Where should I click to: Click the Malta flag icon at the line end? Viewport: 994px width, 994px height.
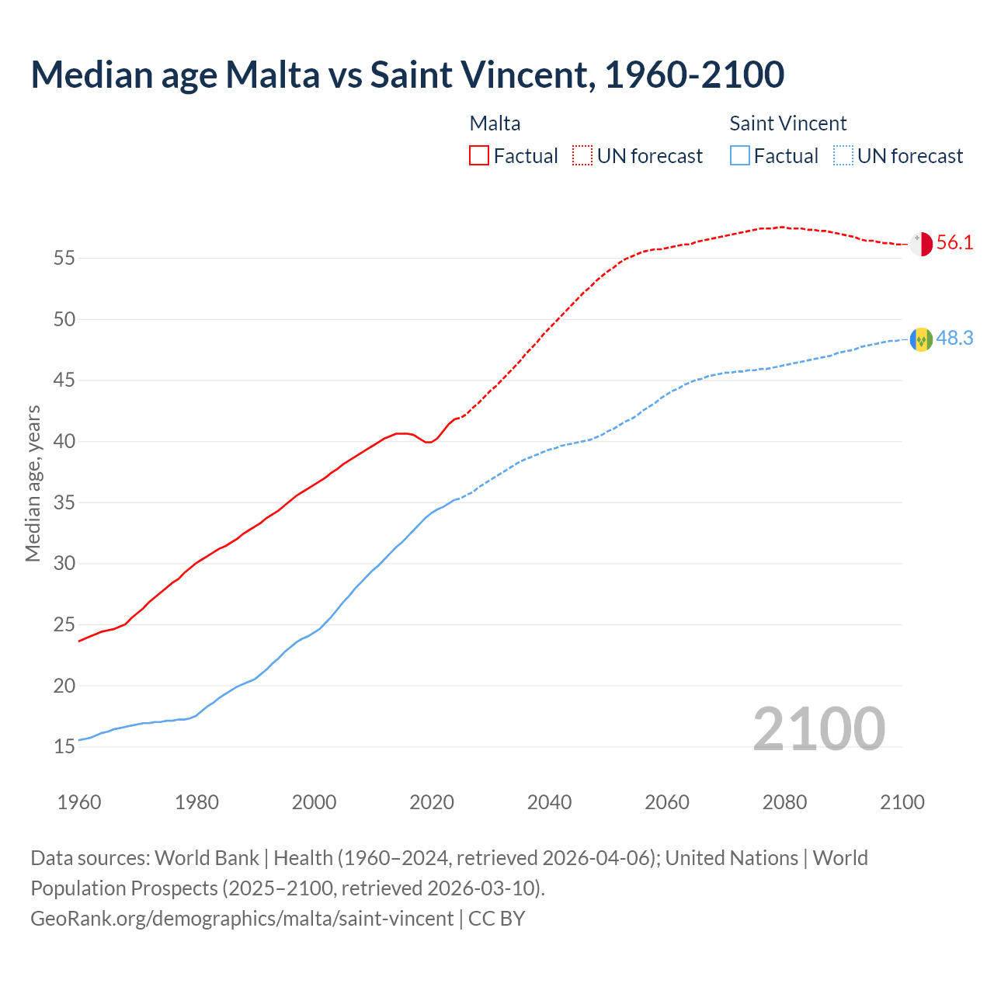point(921,244)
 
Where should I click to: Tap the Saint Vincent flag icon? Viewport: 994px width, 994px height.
point(921,339)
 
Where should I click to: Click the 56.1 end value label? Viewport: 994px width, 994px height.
point(954,242)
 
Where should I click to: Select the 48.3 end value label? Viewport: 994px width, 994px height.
point(954,338)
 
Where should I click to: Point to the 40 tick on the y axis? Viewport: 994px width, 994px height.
point(64,441)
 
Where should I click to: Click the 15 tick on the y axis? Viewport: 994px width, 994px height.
point(64,747)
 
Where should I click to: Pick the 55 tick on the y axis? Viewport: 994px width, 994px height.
point(64,258)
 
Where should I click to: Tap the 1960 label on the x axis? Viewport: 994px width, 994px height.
point(79,802)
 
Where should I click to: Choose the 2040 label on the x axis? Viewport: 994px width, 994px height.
point(549,802)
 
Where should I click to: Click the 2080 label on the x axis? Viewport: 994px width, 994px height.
point(784,802)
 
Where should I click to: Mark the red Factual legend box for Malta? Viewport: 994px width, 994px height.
point(479,155)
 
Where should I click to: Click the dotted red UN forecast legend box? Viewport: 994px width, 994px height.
point(582,155)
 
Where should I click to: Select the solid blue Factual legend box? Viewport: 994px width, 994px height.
point(740,155)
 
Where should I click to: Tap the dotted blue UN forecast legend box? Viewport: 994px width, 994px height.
point(843,155)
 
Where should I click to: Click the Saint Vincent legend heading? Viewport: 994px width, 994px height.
point(787,123)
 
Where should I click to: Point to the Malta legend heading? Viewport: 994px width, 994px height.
point(495,123)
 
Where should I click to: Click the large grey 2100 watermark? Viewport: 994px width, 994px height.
point(818,728)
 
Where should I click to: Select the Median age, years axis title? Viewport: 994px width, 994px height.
point(33,483)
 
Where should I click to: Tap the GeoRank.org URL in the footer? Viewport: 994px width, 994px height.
point(242,918)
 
